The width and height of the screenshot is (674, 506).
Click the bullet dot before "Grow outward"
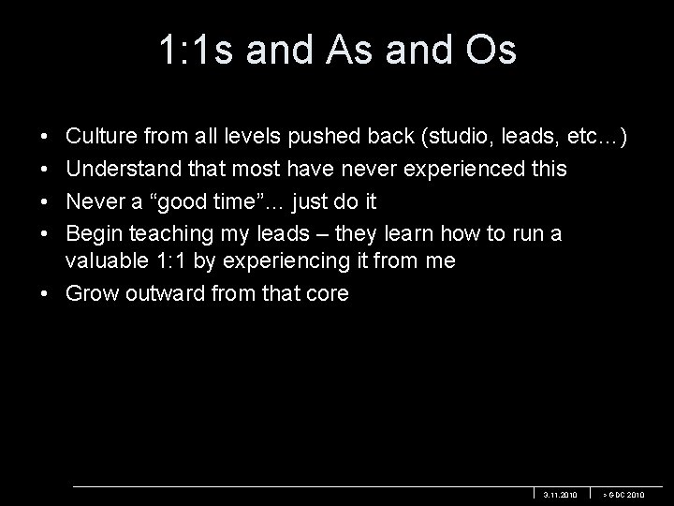tap(46, 293)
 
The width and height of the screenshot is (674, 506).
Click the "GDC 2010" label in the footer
tap(623, 494)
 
